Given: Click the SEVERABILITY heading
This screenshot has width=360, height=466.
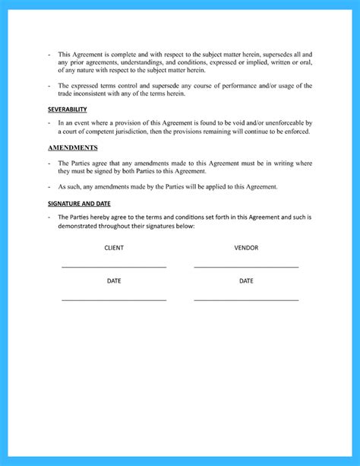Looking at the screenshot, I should click(67, 109).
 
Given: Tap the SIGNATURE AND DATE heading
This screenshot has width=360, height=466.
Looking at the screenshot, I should click(80, 204).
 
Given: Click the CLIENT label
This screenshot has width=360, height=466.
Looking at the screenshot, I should click(114, 248).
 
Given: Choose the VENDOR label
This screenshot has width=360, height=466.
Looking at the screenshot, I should click(246, 248).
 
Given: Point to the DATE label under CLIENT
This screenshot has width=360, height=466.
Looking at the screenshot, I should click(114, 281).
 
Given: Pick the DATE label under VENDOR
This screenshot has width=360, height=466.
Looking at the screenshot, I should click(246, 281).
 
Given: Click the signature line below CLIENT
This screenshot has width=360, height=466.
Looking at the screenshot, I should click(114, 267).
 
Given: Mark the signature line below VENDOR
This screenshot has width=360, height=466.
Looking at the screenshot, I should click(246, 267).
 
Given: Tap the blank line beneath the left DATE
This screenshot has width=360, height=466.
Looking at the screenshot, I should click(114, 300).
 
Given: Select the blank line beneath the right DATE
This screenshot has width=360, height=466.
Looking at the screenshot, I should click(246, 300).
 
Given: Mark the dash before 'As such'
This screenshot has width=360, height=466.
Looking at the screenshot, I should click(49, 186).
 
